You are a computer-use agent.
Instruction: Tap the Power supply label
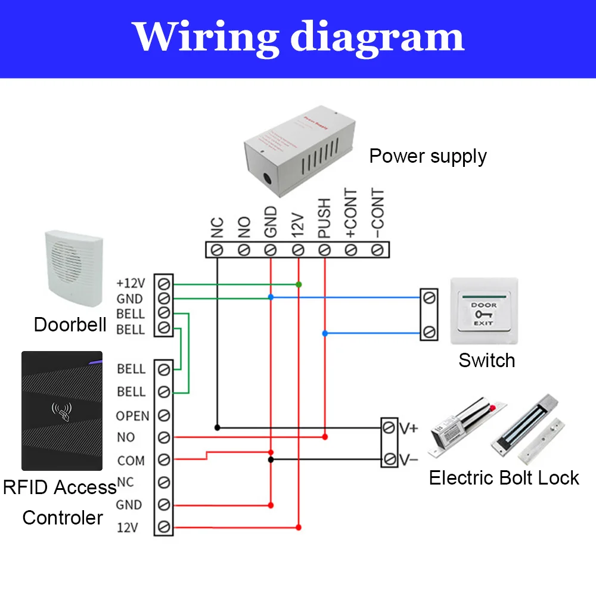point(428,156)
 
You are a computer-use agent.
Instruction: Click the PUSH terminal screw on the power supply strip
point(325,250)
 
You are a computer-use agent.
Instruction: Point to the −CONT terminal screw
point(377,250)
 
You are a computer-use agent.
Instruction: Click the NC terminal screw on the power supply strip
point(218,250)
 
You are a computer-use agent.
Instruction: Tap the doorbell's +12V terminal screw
point(164,283)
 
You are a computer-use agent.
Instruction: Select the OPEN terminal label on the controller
point(132,415)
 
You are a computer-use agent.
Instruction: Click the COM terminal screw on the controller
point(164,460)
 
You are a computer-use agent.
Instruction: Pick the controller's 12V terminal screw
point(164,527)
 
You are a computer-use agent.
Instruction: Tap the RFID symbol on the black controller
point(61,411)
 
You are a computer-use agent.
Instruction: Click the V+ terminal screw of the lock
point(389,427)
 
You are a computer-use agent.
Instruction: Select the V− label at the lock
point(409,460)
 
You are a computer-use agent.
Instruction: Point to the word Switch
point(486,361)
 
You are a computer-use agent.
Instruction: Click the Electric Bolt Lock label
point(504,478)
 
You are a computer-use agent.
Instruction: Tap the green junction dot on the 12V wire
point(299,285)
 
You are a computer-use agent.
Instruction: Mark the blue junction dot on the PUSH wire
point(325,334)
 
